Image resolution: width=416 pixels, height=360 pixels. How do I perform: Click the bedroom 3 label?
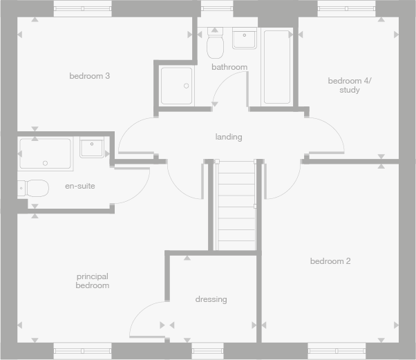tap(90, 76)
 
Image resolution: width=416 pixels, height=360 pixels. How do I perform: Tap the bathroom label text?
tap(229, 67)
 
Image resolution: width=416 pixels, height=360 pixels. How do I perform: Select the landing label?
tap(229, 137)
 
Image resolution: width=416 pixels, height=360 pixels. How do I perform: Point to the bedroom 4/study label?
tap(349, 85)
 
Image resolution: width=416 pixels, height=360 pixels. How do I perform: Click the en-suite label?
tap(80, 186)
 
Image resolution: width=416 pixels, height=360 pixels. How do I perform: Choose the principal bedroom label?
tap(93, 281)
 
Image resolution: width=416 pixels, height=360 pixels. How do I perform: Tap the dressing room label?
tap(211, 299)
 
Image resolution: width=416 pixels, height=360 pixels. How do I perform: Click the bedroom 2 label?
tap(330, 261)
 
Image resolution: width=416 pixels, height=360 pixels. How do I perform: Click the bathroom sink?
tap(245, 39)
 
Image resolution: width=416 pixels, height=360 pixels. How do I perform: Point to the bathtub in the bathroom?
tap(277, 66)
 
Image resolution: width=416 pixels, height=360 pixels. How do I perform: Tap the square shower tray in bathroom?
tap(177, 86)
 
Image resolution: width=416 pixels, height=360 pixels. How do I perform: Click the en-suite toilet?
tap(35, 187)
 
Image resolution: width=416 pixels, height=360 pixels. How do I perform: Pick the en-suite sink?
tap(92, 148)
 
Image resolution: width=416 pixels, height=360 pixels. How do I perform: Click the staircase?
tap(236, 205)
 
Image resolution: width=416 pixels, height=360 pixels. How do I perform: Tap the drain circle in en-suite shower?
tap(45, 163)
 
